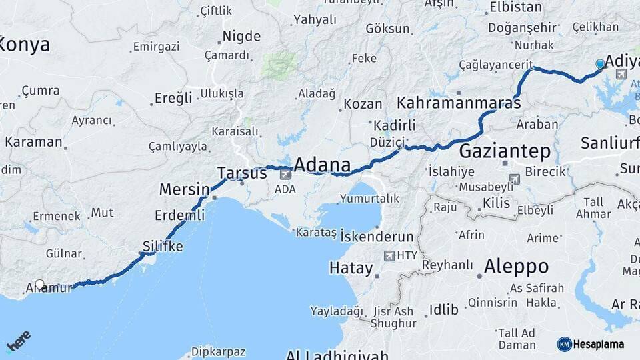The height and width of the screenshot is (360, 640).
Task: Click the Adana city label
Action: click(x=322, y=165)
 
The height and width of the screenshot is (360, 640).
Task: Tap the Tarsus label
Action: click(x=241, y=173)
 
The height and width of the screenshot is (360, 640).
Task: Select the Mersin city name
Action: click(x=179, y=189)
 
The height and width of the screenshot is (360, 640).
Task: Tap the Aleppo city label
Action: click(x=516, y=267)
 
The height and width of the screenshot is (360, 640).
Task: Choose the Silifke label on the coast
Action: click(x=163, y=246)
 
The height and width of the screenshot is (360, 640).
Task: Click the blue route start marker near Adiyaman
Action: click(x=600, y=64)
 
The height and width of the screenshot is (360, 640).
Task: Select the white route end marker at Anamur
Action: click(x=40, y=285)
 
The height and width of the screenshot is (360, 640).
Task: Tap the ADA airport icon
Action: click(x=285, y=175)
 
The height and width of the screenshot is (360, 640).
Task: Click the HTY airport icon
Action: click(x=389, y=255)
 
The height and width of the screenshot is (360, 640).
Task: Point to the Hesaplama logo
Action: click(x=591, y=344)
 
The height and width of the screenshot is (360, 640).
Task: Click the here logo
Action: click(x=18, y=342)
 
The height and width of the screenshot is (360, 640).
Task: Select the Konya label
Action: click(x=25, y=45)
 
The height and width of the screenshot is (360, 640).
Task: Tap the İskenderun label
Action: click(x=377, y=237)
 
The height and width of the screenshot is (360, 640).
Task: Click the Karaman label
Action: click(x=33, y=142)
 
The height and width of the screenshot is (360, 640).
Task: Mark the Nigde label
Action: click(x=241, y=36)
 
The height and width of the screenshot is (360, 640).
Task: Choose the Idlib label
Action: click(x=444, y=309)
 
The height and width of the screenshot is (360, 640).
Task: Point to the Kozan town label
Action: click(x=364, y=104)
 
